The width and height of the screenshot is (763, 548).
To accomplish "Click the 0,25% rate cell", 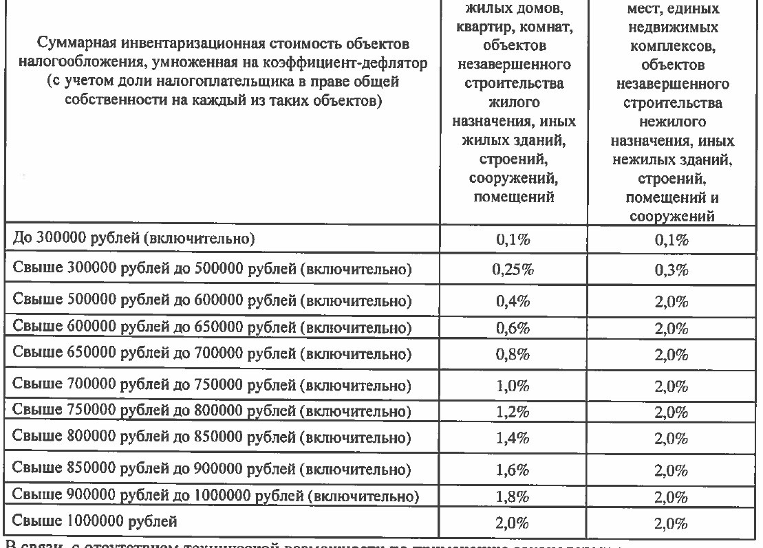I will (515, 270).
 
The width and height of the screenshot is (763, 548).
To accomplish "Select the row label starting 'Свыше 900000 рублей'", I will (217, 495).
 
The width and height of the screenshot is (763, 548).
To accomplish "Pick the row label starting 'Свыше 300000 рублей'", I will (213, 269).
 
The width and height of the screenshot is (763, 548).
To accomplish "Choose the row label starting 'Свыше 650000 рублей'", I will (213, 354).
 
